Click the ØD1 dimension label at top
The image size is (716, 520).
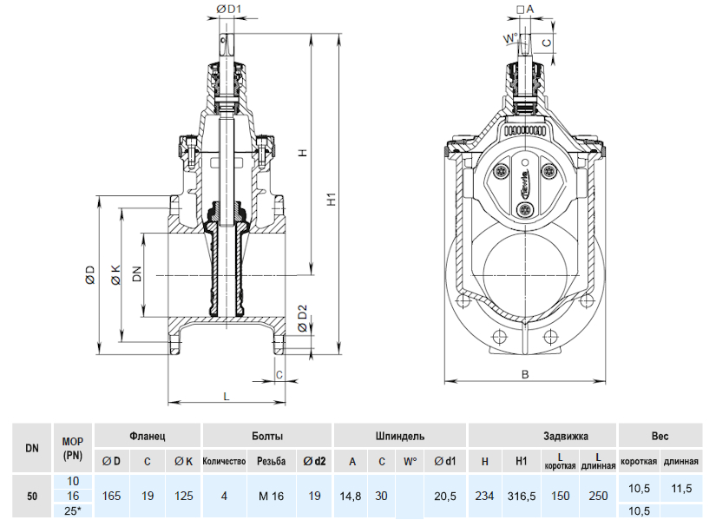pyautogui.click(x=227, y=10)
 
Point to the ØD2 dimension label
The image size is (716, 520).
pyautogui.click(x=301, y=319)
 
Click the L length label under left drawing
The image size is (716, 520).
pyautogui.click(x=227, y=395)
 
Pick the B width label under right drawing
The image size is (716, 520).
pyautogui.click(x=525, y=375)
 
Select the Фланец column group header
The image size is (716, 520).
pyautogui.click(x=147, y=435)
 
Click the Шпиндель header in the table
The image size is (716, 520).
pyautogui.click(x=399, y=435)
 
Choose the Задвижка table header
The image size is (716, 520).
pyautogui.click(x=542, y=435)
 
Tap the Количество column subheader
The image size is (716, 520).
pyautogui.click(x=224, y=461)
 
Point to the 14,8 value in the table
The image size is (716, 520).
pyautogui.click(x=351, y=497)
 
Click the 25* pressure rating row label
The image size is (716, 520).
pyautogui.click(x=73, y=511)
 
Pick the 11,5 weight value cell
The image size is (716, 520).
pyautogui.click(x=681, y=489)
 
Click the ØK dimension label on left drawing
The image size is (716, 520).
pyautogui.click(x=116, y=275)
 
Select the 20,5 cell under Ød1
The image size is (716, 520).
pyautogui.click(x=445, y=497)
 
